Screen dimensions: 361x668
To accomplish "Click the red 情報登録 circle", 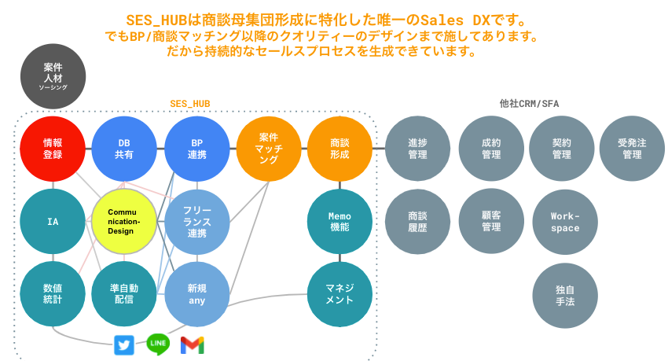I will [53, 149].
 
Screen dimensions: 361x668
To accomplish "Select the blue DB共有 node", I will [124, 149].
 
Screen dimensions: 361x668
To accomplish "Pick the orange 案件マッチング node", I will [268, 149].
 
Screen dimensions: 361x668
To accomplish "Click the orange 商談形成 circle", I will [340, 149].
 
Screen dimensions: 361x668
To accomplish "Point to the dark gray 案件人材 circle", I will [53, 76].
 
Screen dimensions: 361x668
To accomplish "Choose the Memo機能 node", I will [340, 221].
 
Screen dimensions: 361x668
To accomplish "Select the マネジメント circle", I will [340, 293].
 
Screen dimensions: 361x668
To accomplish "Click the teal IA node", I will [53, 221].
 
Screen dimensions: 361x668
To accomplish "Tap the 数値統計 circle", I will [53, 293].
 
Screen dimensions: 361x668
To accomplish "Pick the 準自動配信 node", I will [124, 293].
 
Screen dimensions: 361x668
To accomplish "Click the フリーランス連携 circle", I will [196, 221].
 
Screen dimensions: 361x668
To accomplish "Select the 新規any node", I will [196, 293].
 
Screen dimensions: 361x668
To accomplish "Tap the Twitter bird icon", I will [124, 344].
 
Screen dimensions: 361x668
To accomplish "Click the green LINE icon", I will [159, 344].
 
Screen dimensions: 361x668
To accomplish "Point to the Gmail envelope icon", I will [193, 344].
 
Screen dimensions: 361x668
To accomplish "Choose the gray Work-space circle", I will [565, 221].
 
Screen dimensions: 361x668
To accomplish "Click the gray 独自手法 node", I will [565, 293].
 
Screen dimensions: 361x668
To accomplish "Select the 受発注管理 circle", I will [632, 149].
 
